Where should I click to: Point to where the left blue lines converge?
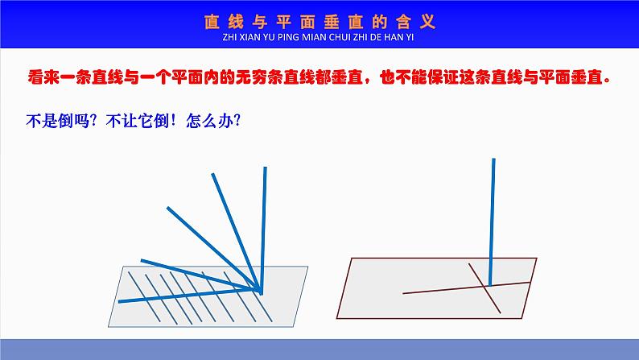tap(259, 289)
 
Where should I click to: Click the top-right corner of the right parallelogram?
tap(537, 259)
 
